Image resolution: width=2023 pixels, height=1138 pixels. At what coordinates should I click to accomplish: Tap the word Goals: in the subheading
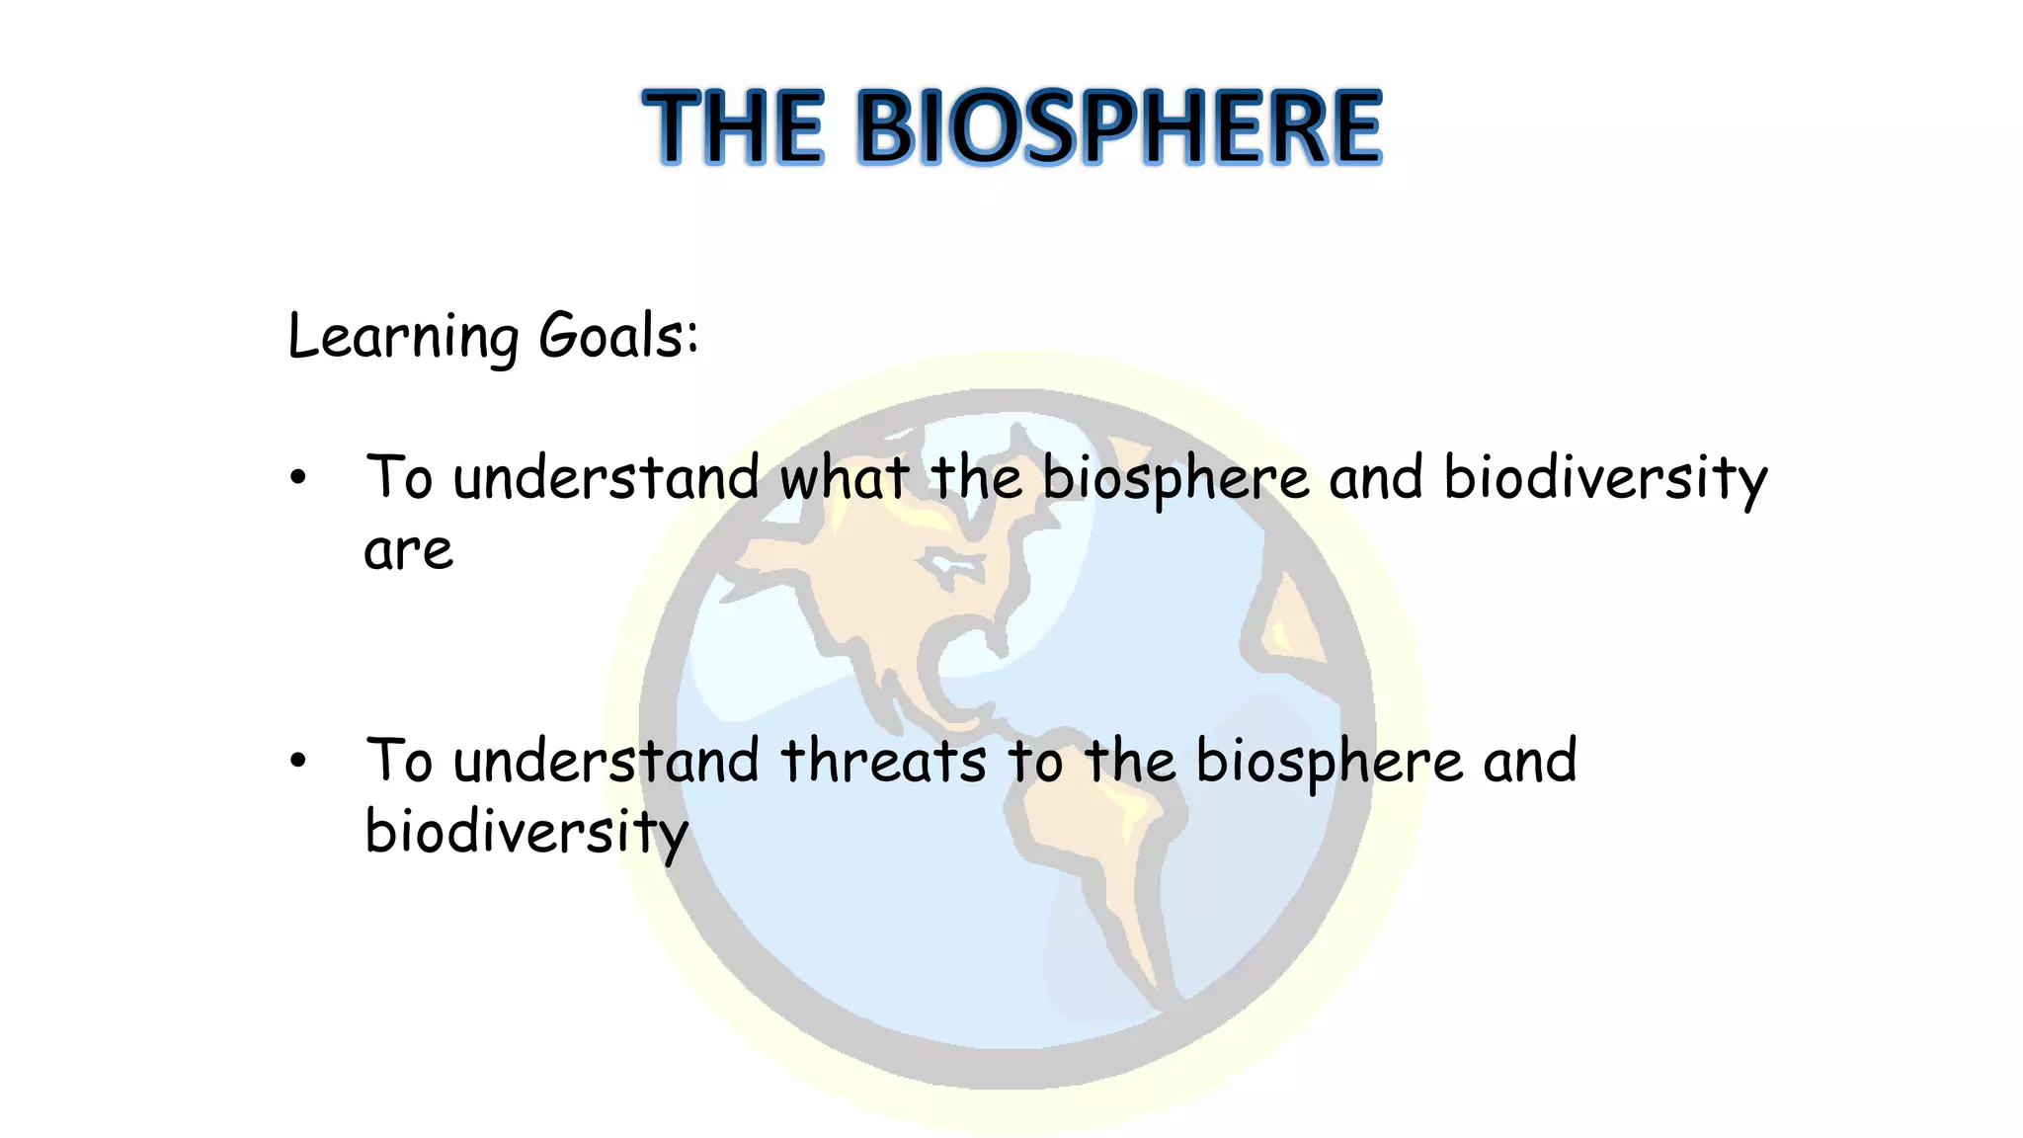click(618, 336)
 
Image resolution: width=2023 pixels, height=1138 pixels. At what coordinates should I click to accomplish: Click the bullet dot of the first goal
click(298, 479)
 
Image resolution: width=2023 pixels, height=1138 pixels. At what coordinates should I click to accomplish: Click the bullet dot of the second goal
click(298, 762)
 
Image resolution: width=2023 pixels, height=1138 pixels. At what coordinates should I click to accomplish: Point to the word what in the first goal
click(844, 478)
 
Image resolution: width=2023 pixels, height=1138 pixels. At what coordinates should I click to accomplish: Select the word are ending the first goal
click(408, 551)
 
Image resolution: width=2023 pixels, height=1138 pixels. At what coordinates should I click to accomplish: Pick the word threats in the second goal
click(883, 762)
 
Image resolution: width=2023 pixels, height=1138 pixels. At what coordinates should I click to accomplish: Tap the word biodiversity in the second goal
click(526, 833)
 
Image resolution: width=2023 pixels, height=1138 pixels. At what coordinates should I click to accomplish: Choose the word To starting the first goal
click(399, 478)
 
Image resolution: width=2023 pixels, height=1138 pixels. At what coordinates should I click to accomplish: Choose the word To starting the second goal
click(399, 761)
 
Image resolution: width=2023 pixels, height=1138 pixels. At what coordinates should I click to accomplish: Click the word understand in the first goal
click(606, 478)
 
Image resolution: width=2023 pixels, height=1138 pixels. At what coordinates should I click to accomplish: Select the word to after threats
click(1035, 762)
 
